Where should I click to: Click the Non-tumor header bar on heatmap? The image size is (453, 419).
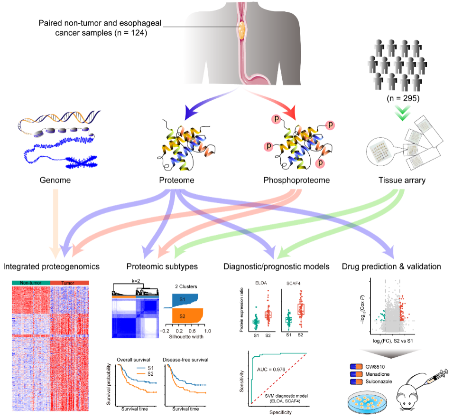click(30, 283)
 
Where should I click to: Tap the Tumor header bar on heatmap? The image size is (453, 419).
click(69, 283)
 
